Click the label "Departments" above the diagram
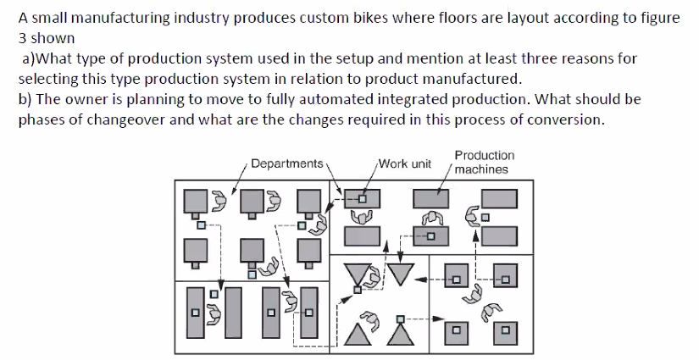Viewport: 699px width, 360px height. (287, 163)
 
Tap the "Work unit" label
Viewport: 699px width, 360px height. (405, 163)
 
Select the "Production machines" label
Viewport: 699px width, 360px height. (483, 162)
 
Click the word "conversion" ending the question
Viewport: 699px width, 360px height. (566, 119)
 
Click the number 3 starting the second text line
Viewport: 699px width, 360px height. (23, 38)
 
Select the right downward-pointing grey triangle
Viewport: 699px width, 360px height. (402, 273)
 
